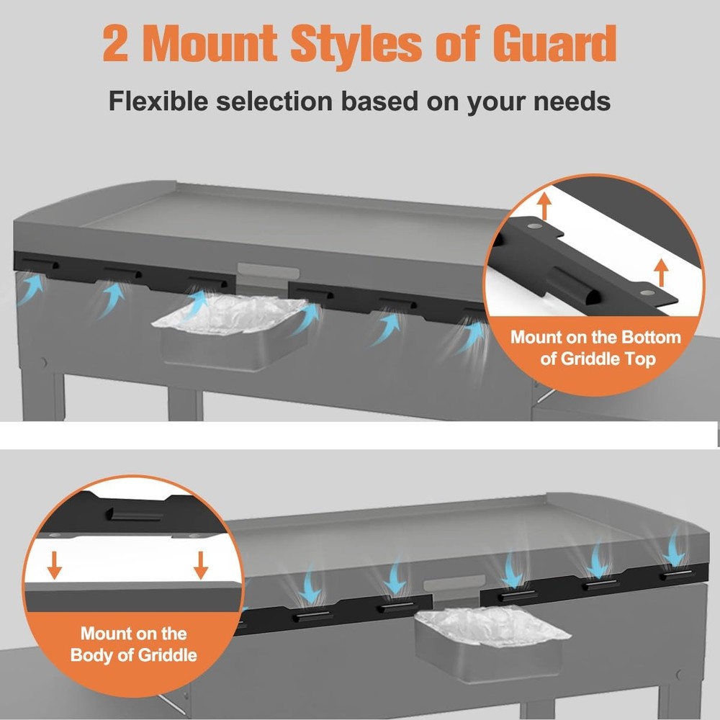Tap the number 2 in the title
pyautogui.click(x=116, y=44)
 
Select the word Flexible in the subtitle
pyautogui.click(x=158, y=101)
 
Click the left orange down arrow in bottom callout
pyautogui.click(x=54, y=564)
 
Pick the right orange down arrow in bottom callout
pyautogui.click(x=201, y=564)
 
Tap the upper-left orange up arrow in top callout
pyautogui.click(x=544, y=206)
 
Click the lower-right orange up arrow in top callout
pyautogui.click(x=661, y=272)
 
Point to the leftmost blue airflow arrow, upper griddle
pyautogui.click(x=32, y=289)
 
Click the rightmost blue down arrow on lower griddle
pyautogui.click(x=675, y=549)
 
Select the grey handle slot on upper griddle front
pyautogui.click(x=268, y=271)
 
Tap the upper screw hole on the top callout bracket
pyautogui.click(x=534, y=226)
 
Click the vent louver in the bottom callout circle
pyautogui.click(x=135, y=514)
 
